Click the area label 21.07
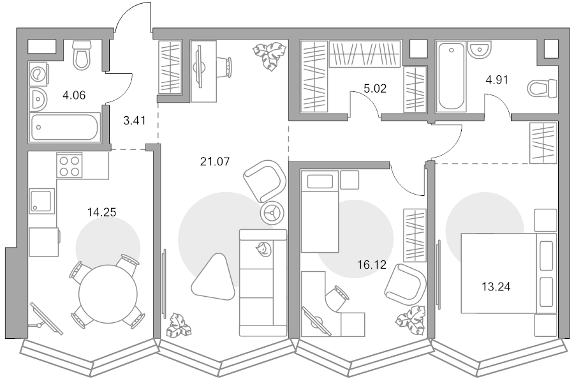point(215,161)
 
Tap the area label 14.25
point(102,212)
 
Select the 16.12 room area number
point(372,264)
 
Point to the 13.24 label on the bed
point(496,287)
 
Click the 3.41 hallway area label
point(135,120)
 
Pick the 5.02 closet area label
point(375,89)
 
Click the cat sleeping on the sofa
point(263,250)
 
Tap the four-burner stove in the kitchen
point(69,165)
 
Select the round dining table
point(108,294)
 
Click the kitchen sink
point(41,201)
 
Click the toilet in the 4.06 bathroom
point(82,55)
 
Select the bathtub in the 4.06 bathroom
point(64,127)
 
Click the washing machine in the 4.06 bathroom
point(38,74)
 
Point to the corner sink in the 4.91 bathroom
point(480,49)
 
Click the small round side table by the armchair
point(272,213)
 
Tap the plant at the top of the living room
point(269,56)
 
